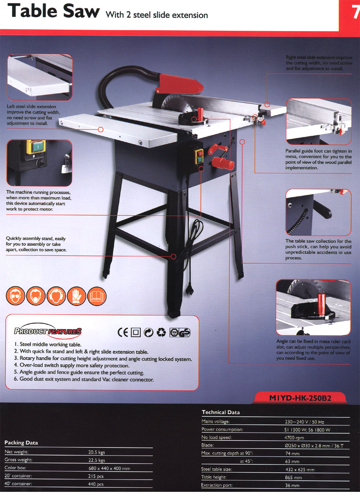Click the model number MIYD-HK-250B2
300,398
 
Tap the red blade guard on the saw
179,83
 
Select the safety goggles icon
15,296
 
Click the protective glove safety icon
76,296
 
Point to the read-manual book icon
97,296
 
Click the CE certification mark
123,332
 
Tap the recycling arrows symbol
161,332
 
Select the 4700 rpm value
294,438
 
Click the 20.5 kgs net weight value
96,452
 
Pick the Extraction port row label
217,485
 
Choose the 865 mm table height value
293,478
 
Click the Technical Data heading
220,412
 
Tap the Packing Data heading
21,443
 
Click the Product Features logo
48,331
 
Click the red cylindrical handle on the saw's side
223,164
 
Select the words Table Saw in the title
53,11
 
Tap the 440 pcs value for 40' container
96,484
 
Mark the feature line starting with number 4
72,365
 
